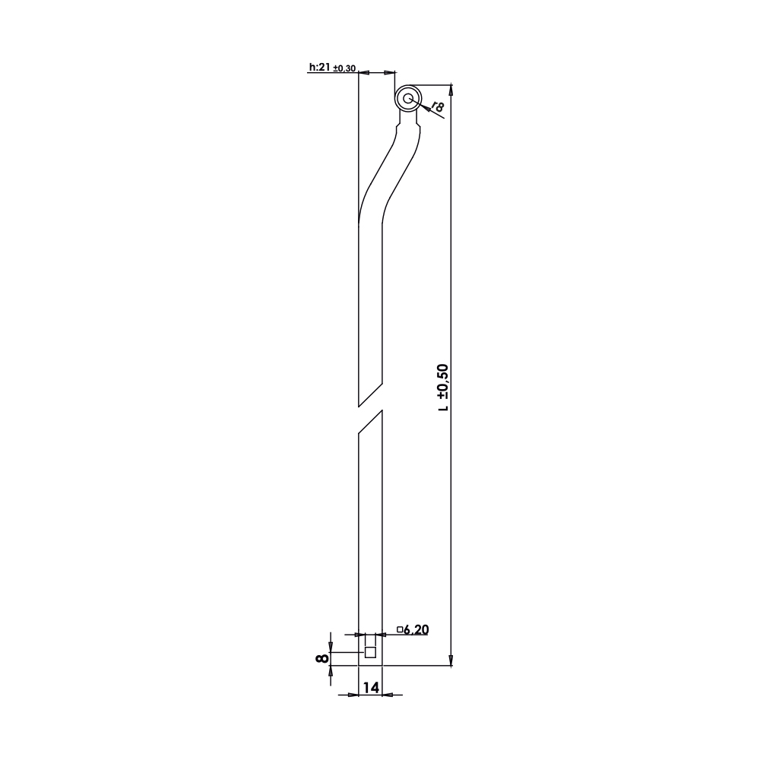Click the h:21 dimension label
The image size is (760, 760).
320,68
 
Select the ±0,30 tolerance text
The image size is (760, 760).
345,68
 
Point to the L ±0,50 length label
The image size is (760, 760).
443,388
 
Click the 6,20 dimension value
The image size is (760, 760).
416,629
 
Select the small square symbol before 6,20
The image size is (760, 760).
400,629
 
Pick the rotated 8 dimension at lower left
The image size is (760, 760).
321,658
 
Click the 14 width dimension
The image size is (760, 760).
370,687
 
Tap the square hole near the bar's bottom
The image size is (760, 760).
370,652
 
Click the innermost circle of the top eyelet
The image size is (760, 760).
408,98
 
